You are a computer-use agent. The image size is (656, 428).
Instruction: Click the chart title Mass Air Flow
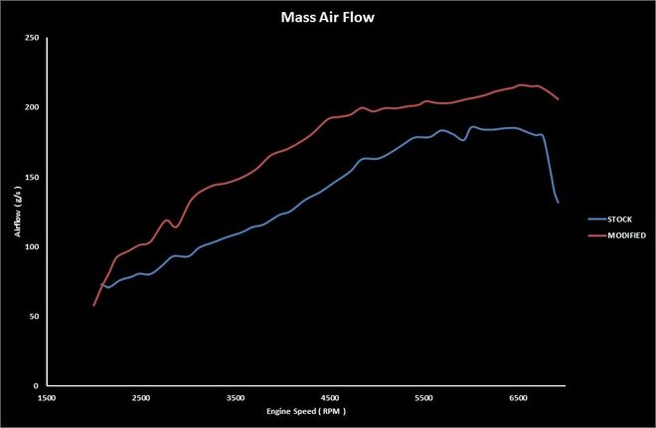coord(327,16)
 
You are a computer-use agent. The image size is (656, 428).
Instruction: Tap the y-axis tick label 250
coord(32,38)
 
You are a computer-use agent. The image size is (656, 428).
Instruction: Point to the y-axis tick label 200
coord(32,107)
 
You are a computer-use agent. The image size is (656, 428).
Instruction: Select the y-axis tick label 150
coord(32,177)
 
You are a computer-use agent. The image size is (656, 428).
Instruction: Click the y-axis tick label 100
coord(32,246)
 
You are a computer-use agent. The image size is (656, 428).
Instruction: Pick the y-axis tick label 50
coord(34,316)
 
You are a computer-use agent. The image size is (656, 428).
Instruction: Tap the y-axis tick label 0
coord(36,385)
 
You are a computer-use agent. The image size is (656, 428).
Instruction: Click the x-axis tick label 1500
coord(47,397)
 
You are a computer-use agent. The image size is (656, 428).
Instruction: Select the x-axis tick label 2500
coord(141,397)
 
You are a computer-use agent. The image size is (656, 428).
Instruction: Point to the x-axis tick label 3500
coord(236,397)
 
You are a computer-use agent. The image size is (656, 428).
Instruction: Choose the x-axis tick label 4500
coord(330,397)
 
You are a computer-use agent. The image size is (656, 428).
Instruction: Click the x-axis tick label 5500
coord(424,397)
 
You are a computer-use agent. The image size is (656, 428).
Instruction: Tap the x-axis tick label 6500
coord(519,397)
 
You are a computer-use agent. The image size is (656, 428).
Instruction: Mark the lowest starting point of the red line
coord(94,305)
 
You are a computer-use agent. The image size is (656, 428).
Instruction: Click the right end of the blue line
coord(559,203)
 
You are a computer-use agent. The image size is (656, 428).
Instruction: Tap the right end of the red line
coord(559,99)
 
